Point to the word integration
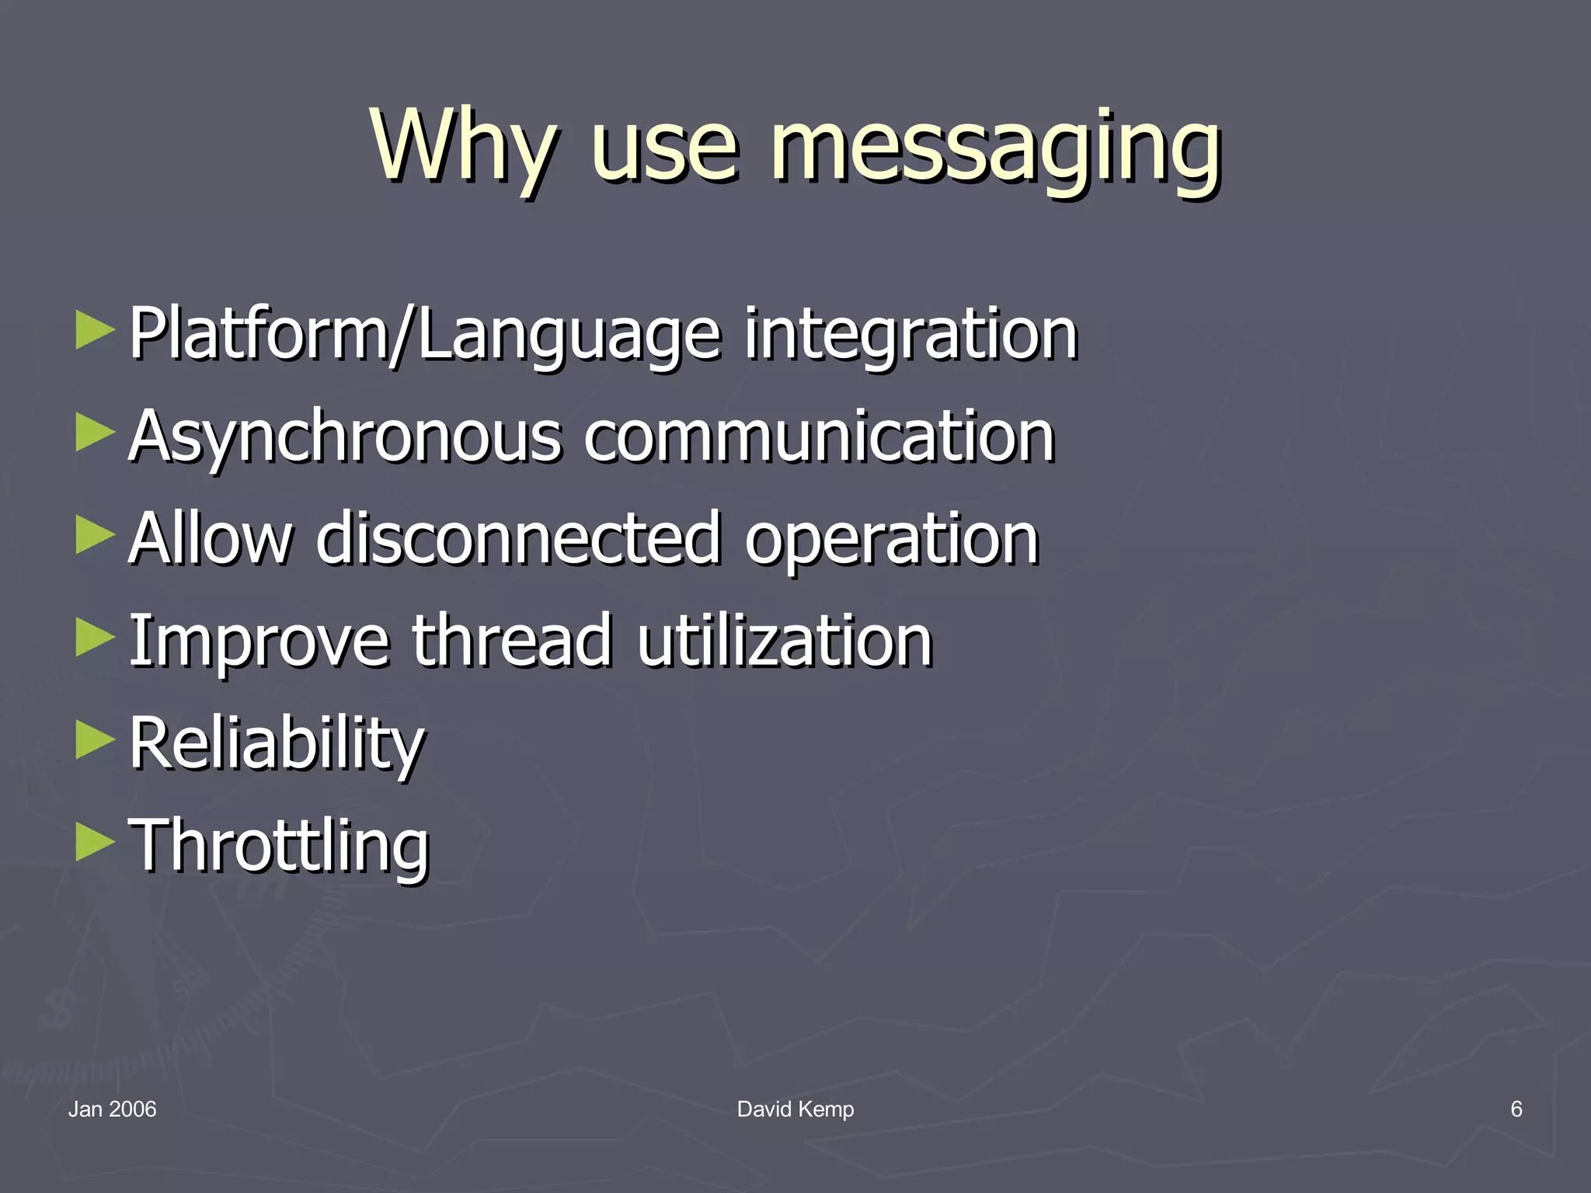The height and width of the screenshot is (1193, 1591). pyautogui.click(x=910, y=336)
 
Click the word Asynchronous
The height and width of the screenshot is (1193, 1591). pyautogui.click(x=345, y=437)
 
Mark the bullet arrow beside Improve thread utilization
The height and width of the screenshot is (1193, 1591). pyautogui.click(x=96, y=637)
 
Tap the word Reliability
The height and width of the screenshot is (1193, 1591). pyautogui.click(x=277, y=744)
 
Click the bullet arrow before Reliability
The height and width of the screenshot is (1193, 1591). pyautogui.click(x=96, y=739)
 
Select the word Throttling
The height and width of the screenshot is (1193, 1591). pyautogui.click(x=279, y=847)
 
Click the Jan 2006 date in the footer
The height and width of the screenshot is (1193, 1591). pyautogui.click(x=113, y=1109)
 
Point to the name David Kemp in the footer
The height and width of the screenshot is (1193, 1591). pyautogui.click(x=795, y=1109)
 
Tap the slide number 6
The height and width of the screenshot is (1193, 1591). pyautogui.click(x=1516, y=1109)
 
